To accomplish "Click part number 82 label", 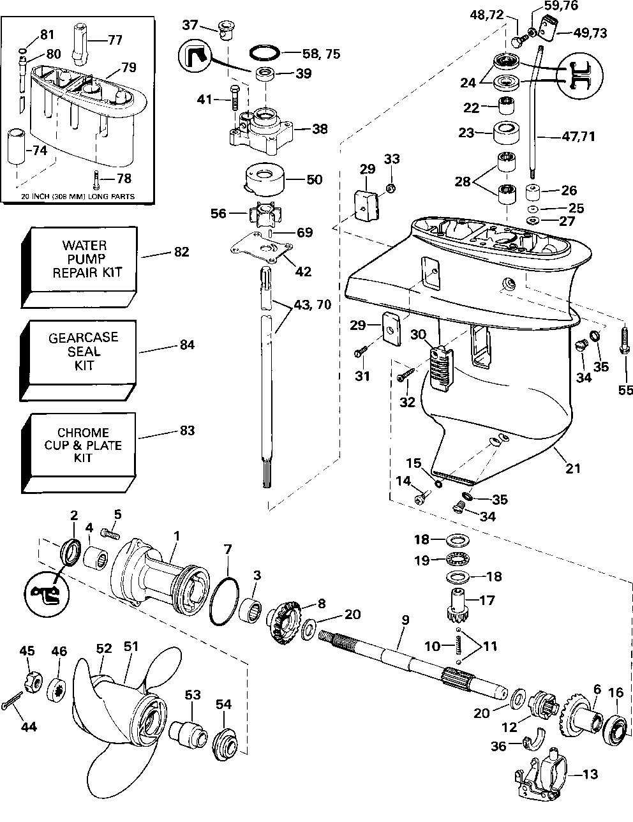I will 181,252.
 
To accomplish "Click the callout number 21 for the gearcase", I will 573,469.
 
